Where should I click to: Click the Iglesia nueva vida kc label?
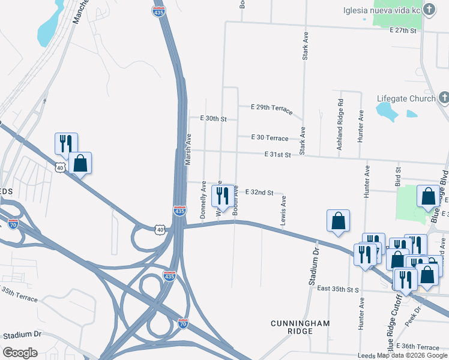380,10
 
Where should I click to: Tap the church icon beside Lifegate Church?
444,98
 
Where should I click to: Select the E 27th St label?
402,30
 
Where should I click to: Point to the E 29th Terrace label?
271,108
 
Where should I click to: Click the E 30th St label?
213,119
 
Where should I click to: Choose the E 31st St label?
278,155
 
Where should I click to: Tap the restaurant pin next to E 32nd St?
223,196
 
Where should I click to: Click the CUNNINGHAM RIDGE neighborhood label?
300,328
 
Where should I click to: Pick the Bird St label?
397,178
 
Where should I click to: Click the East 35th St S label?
339,289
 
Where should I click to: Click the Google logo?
20,353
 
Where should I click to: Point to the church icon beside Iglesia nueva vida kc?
429,10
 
